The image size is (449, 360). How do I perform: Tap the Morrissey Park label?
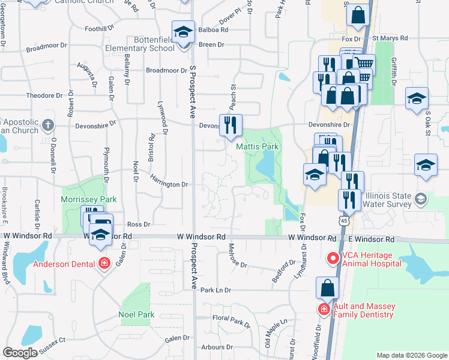(x=88, y=199)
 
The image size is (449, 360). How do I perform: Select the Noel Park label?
(x=136, y=314)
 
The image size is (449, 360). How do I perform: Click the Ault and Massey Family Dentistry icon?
(x=324, y=309)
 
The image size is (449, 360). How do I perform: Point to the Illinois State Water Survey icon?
(x=421, y=199)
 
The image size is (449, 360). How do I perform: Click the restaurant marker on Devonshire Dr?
(x=231, y=125)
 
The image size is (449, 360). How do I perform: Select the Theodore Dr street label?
(x=44, y=95)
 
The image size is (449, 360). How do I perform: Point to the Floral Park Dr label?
(x=231, y=322)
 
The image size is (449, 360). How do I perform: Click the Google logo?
(x=20, y=353)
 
